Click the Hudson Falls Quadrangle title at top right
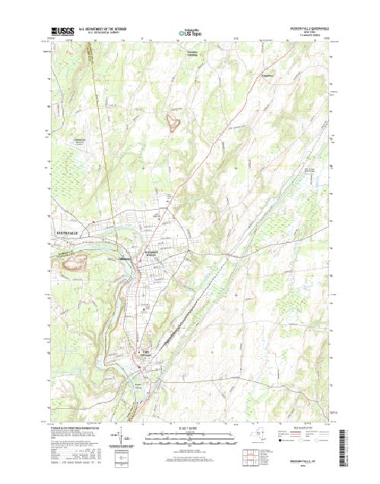[x=312, y=28]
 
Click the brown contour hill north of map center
[x=174, y=120]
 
